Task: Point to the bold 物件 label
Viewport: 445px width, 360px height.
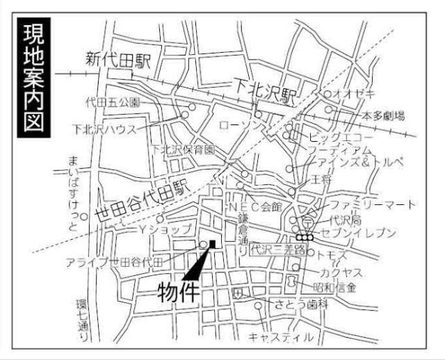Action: pos(178,289)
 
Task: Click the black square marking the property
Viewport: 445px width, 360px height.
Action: pos(213,243)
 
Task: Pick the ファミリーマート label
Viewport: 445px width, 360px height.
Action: pos(373,204)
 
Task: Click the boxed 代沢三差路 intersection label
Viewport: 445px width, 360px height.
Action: pos(278,247)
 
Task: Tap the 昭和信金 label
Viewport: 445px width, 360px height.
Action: pos(335,286)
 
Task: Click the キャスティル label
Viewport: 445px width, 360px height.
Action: pos(281,337)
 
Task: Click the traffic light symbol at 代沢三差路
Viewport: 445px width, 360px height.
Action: pos(305,237)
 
